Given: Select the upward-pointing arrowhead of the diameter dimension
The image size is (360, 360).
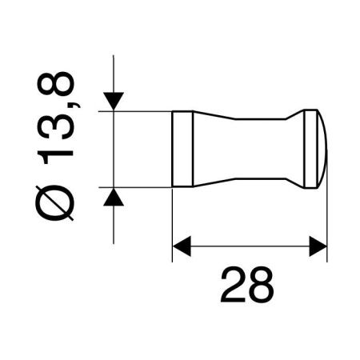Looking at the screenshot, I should pos(114,196).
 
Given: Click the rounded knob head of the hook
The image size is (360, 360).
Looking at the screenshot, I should pos(314,149).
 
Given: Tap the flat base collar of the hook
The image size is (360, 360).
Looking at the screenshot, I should pos(182,149).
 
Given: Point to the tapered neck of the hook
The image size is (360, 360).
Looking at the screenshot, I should pos(240,149).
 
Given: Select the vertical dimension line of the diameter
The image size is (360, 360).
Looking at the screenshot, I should pos(114,149).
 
